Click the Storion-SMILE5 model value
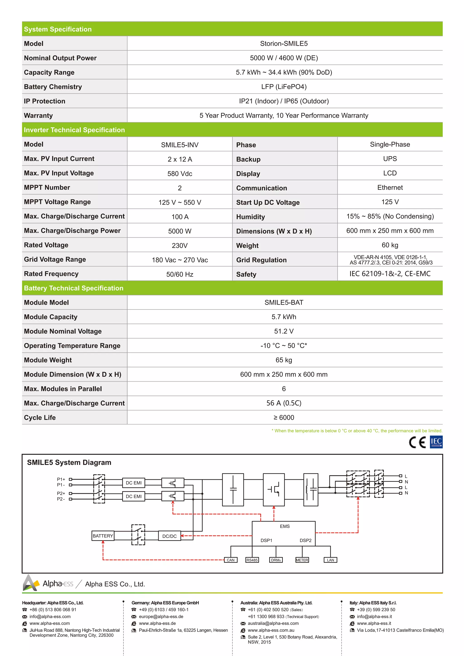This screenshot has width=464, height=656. pos(283,43)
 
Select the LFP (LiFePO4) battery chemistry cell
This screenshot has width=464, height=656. pos(283,87)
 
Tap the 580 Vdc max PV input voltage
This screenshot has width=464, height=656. pos(180,174)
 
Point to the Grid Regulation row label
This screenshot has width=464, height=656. pos(261,260)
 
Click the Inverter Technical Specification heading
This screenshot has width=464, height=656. pos(74,130)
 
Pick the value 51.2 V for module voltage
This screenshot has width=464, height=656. pos(283,331)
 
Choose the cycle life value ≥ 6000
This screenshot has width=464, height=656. pos(283,417)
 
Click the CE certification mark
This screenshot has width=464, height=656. pos(417,442)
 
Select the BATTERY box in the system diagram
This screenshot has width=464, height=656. pos(103,536)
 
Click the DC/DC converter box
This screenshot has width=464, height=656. pos(169,536)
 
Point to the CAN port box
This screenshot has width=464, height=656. pos(231,560)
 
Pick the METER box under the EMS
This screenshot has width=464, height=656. pos(302,560)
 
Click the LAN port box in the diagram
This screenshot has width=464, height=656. pos(330,560)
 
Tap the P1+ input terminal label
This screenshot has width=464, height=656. pos(61,479)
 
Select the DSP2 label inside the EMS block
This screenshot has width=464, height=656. pos(305,540)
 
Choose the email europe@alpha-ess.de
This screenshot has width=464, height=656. pos(161,616)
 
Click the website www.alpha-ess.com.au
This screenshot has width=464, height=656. pos(271,630)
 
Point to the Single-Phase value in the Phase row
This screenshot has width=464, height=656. pos(390,144)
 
